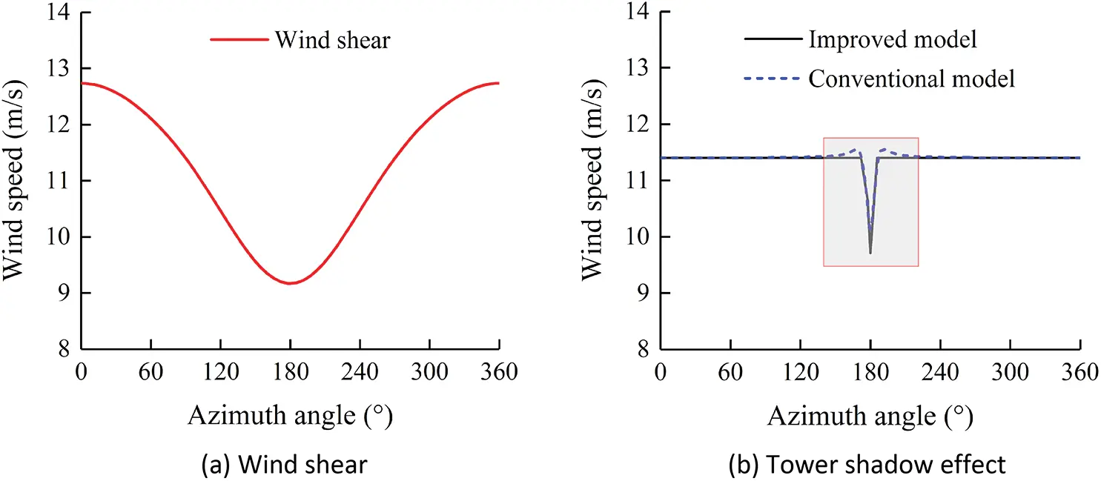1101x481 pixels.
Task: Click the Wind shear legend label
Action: coord(332,40)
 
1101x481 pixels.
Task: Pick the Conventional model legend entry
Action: coord(910,79)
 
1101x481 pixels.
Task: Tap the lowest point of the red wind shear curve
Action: coord(291,283)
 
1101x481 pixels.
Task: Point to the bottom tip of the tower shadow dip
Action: coord(870,253)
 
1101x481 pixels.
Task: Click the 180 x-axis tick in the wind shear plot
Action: coord(291,373)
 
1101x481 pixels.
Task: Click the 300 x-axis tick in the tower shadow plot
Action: coord(1010,373)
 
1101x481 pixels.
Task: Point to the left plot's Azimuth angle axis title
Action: coord(290,417)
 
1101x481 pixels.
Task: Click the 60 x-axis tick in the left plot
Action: coord(151,373)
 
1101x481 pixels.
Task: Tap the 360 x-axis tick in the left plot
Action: coord(499,373)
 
